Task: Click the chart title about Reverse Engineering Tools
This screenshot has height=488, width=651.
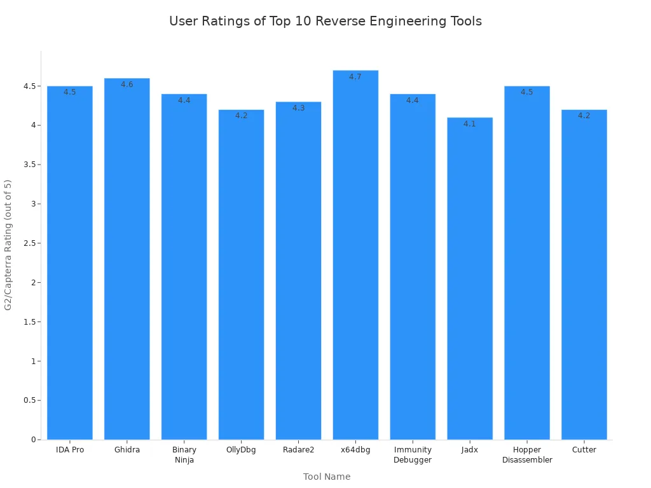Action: coord(325,21)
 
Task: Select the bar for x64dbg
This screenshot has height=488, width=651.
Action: coord(355,254)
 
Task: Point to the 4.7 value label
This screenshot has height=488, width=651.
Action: coord(355,77)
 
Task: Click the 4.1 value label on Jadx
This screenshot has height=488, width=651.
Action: coord(470,124)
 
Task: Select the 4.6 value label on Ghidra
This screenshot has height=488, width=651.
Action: coord(127,85)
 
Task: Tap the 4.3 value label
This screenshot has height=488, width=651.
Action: coord(298,108)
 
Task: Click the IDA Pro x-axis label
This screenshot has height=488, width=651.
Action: coord(70,450)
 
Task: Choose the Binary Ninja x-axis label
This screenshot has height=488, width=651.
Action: coord(184,455)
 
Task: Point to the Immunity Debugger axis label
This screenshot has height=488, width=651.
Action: coord(413,455)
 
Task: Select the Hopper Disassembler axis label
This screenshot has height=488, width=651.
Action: coord(527,455)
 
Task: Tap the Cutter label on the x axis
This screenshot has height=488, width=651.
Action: coord(584,450)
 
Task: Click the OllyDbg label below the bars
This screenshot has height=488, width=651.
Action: coord(242,450)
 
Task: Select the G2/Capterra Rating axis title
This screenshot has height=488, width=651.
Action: coord(8,245)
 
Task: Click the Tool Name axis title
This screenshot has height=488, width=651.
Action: coord(327,477)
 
